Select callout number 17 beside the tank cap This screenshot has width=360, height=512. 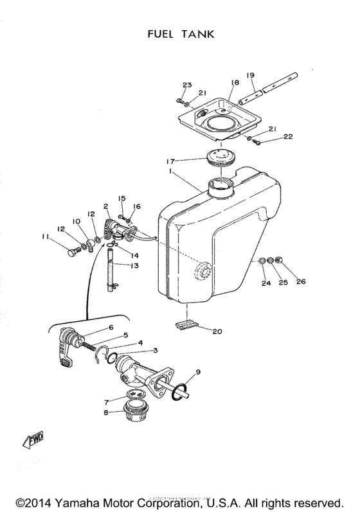tap(170, 161)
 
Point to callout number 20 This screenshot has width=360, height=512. tap(217, 331)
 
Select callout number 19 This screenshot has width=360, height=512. tap(251, 75)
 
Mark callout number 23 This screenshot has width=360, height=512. tap(187, 85)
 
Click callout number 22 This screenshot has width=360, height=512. tap(288, 137)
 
